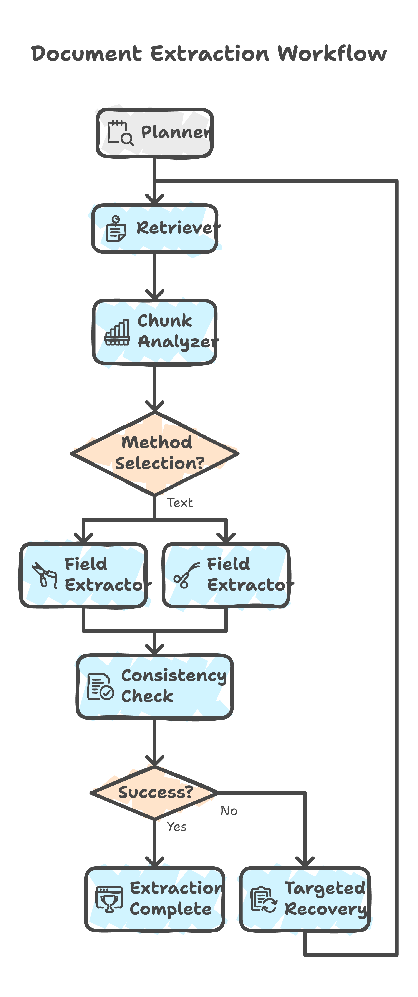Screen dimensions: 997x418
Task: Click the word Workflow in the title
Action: click(332, 54)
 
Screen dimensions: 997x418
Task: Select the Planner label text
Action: click(176, 132)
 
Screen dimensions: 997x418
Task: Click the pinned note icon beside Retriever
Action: click(116, 229)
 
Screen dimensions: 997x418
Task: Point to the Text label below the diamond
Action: click(180, 503)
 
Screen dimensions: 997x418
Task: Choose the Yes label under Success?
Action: click(176, 827)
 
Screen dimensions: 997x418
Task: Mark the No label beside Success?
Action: click(229, 811)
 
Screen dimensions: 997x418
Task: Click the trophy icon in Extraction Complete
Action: click(109, 899)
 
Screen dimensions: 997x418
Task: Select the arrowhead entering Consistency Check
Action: click(155, 650)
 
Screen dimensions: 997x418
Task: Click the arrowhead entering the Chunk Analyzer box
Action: click(155, 294)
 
